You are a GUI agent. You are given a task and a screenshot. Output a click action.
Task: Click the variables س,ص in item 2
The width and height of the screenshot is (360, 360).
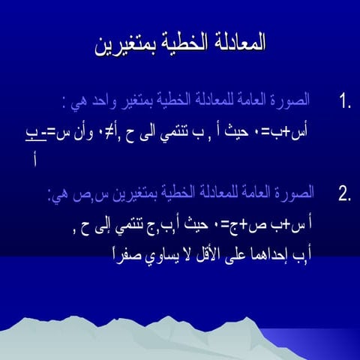[x=82, y=196]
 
